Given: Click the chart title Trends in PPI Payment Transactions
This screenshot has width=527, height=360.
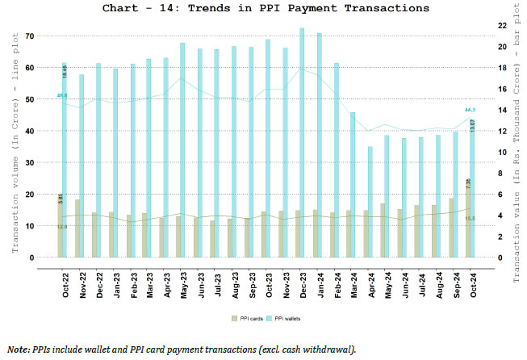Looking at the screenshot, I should click(x=263, y=9).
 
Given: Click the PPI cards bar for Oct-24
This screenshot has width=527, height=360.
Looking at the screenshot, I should click(x=468, y=218).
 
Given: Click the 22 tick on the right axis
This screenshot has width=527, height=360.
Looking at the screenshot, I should click(x=503, y=26).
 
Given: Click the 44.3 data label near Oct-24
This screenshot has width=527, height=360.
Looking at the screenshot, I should click(x=470, y=110).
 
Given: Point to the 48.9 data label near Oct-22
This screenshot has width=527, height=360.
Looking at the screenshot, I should click(x=61, y=96).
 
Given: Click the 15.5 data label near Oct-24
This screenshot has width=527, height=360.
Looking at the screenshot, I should click(x=471, y=219).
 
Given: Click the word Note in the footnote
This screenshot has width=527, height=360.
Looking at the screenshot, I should click(x=19, y=350).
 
